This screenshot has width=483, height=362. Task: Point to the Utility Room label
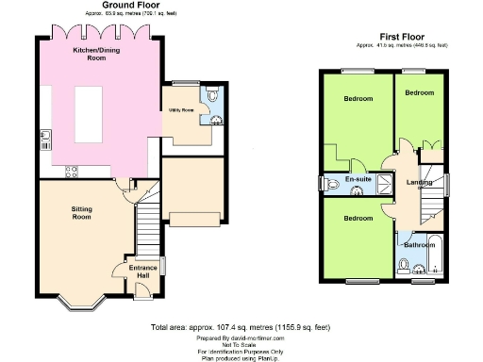(x=181, y=109)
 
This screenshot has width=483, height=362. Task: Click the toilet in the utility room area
(x=212, y=94)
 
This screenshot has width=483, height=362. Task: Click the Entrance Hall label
(x=142, y=271)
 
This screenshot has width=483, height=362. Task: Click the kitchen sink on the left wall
(x=44, y=139)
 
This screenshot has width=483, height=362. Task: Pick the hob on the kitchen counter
(x=70, y=171)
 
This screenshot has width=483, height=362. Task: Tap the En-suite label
(x=357, y=178)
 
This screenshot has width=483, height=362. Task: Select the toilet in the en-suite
(x=327, y=184)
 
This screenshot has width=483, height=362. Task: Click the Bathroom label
(x=417, y=245)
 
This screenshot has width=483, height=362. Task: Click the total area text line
(x=241, y=327)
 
